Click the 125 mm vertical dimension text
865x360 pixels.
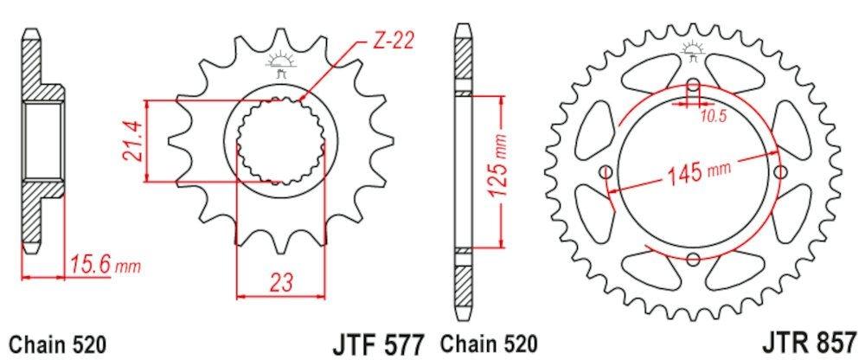tap(496, 169)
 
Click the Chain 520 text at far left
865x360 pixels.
tap(58, 343)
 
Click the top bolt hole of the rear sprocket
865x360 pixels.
tap(694, 87)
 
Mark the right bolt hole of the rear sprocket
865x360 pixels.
tap(781, 171)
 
